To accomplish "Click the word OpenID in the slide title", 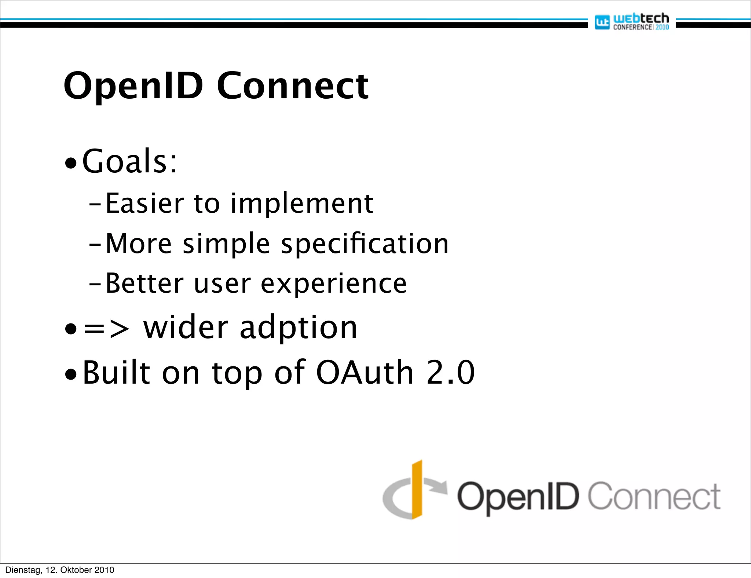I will click(x=133, y=86).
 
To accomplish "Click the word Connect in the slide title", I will click(x=292, y=86).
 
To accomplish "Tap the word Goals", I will click(x=125, y=161).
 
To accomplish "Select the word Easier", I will click(x=145, y=204).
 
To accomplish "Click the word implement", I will click(x=301, y=204).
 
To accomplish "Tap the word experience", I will click(x=334, y=284).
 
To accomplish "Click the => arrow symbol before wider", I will click(x=106, y=329).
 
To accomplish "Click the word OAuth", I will click(x=365, y=373).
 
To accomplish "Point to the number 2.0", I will click(x=450, y=373).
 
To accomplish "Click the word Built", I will click(x=116, y=373).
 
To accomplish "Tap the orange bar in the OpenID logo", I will click(x=417, y=490).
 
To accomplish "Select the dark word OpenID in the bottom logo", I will click(x=517, y=497).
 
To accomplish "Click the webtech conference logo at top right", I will click(x=632, y=22).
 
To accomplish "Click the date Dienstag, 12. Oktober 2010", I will click(x=59, y=570).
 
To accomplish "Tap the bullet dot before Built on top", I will click(x=70, y=376).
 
